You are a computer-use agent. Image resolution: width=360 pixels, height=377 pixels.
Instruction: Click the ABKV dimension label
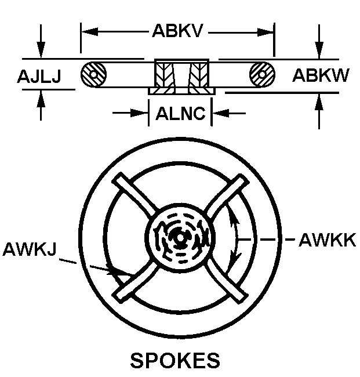point(177,31)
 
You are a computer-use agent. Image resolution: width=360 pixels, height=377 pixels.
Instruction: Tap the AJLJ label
point(38,76)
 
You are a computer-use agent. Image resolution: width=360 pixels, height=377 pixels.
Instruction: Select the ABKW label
point(320,76)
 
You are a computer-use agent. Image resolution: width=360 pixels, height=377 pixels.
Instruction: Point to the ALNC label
point(180,113)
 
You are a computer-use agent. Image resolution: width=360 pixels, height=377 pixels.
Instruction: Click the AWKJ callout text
point(30,250)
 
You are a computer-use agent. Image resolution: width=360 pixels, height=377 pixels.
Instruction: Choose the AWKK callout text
point(326,240)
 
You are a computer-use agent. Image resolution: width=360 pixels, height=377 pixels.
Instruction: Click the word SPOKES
point(175,360)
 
